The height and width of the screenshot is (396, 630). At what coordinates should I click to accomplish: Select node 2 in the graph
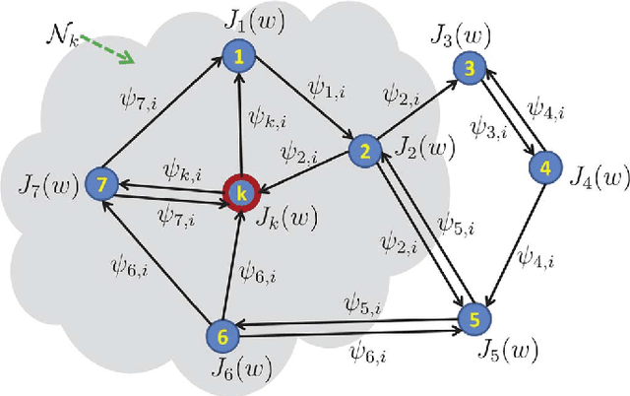point(365,151)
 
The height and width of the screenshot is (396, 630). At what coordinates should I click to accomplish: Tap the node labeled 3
point(471,67)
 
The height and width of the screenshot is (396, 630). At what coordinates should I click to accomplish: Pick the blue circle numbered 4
point(543,168)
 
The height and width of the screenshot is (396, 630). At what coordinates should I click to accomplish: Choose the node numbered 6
point(222,336)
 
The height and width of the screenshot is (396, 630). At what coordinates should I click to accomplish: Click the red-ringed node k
point(238,191)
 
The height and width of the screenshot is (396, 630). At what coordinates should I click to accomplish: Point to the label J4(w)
point(598,177)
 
